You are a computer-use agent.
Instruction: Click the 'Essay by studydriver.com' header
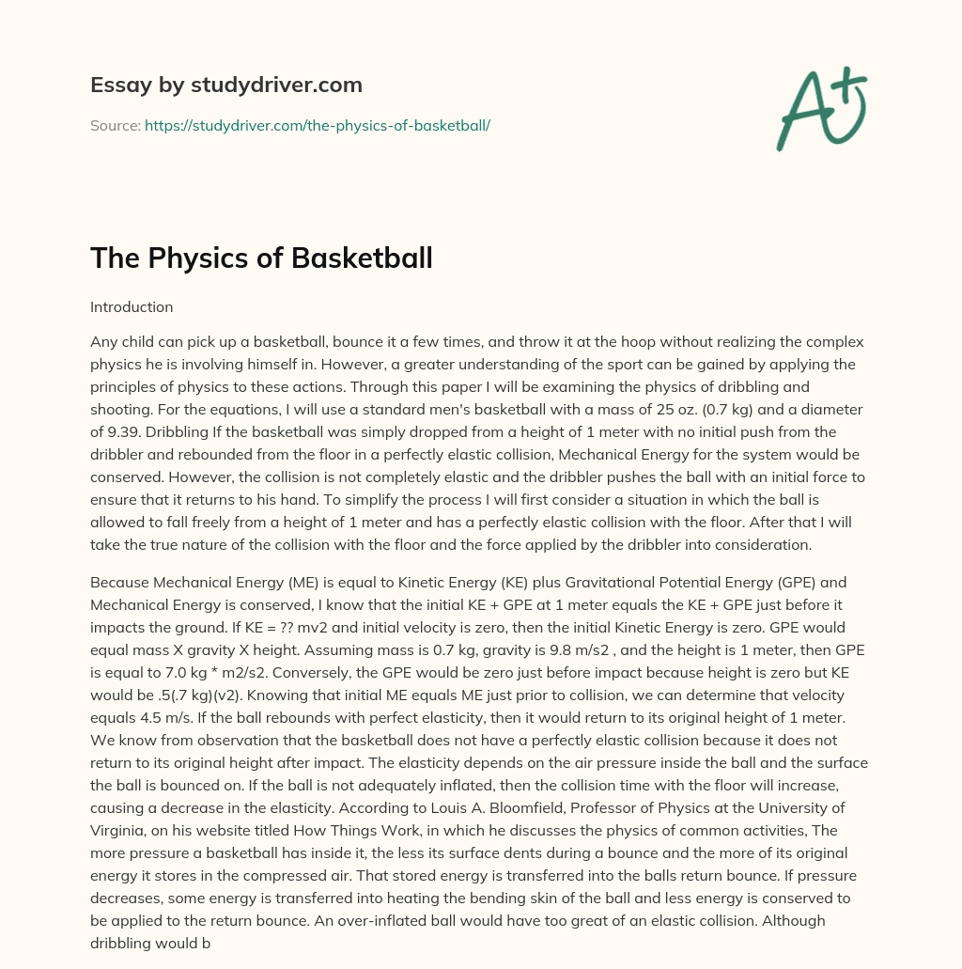click(x=225, y=85)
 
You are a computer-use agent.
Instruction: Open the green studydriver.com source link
click(x=317, y=125)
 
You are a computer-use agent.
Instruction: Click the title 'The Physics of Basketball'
click(x=261, y=258)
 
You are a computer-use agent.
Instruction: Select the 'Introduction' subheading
click(x=132, y=307)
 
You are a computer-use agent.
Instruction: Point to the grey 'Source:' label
click(x=115, y=125)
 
